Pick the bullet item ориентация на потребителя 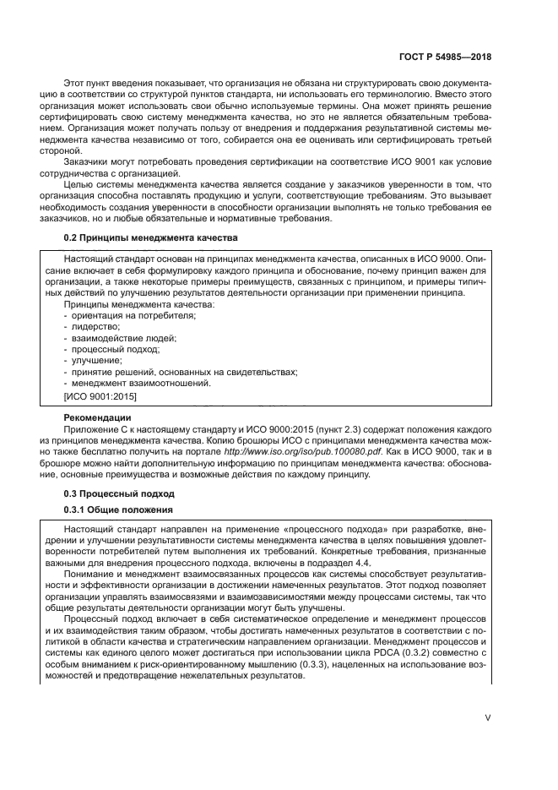[120, 315]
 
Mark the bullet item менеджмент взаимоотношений [128, 383]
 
